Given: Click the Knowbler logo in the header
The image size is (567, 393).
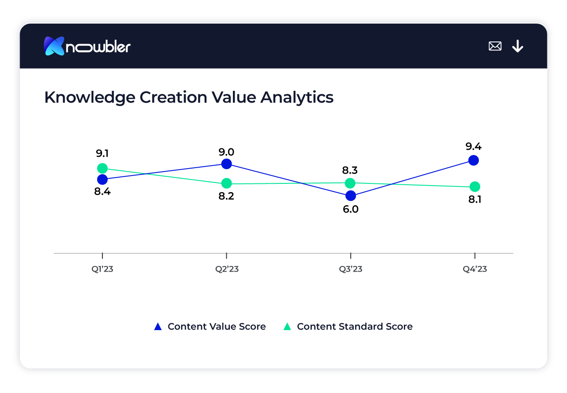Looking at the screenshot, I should [x=87, y=46].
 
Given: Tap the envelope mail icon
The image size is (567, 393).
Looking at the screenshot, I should [x=495, y=46].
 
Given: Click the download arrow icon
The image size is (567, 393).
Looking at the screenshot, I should [x=518, y=46].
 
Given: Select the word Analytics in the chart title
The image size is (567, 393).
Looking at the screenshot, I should [x=297, y=97].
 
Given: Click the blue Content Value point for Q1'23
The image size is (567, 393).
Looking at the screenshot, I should [x=102, y=179].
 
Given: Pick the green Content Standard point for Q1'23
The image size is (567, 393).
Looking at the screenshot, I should [x=102, y=168].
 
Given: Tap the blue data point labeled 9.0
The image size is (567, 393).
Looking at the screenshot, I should [x=226, y=164].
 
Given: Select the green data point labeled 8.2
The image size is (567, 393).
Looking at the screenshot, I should [x=226, y=183].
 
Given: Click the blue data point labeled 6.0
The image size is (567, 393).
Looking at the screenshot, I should [x=350, y=196].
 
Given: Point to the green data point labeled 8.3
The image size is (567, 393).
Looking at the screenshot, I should [x=350, y=183].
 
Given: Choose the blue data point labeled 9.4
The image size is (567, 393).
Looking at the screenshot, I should [x=474, y=160].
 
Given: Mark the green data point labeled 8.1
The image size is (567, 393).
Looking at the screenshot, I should [x=475, y=187].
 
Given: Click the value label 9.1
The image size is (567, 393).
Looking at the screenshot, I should [x=102, y=154].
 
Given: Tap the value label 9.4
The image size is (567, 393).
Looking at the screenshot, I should [x=474, y=146].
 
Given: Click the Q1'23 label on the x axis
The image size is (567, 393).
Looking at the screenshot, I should [x=102, y=269].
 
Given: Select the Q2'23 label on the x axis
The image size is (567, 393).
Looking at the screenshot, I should [x=227, y=269].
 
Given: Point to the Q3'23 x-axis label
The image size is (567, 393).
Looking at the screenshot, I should [x=351, y=269].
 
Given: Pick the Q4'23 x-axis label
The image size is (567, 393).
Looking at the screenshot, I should [x=475, y=269].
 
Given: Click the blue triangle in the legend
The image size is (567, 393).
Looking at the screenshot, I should [x=158, y=327].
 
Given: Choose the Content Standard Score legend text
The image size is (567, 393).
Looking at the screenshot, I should [x=355, y=327].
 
